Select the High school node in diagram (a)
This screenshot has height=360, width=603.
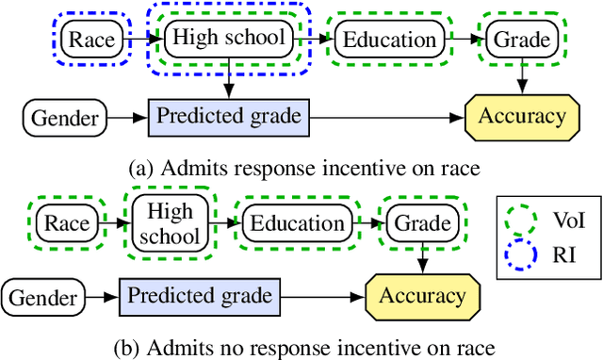pyautogui.click(x=226, y=39)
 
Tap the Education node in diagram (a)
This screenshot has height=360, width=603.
pyautogui.click(x=390, y=40)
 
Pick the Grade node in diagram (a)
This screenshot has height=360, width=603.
pyautogui.click(x=517, y=40)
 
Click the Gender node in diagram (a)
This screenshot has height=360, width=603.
pyautogui.click(x=65, y=117)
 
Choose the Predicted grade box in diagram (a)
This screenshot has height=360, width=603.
pyautogui.click(x=228, y=117)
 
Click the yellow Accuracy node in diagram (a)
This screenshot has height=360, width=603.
pyautogui.click(x=522, y=117)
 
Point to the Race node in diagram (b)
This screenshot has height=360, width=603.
pyautogui.click(x=67, y=223)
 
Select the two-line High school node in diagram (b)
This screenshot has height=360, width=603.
pyautogui.click(x=170, y=223)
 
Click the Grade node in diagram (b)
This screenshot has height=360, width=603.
pyautogui.click(x=421, y=223)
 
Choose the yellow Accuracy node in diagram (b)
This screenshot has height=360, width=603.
pyautogui.click(x=421, y=295)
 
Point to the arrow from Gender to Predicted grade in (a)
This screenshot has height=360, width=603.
pyautogui.click(x=127, y=117)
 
